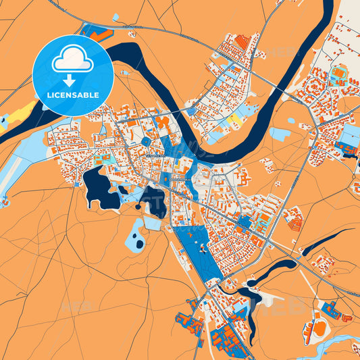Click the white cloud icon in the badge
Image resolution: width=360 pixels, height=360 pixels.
[x=72, y=60]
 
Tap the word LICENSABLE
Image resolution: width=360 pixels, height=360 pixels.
[x=72, y=95]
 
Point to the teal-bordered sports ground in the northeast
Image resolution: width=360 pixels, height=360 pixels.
[x=338, y=72]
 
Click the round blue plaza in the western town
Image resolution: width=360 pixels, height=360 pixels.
[x=146, y=141]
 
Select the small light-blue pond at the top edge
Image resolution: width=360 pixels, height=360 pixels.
[x=115, y=16]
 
